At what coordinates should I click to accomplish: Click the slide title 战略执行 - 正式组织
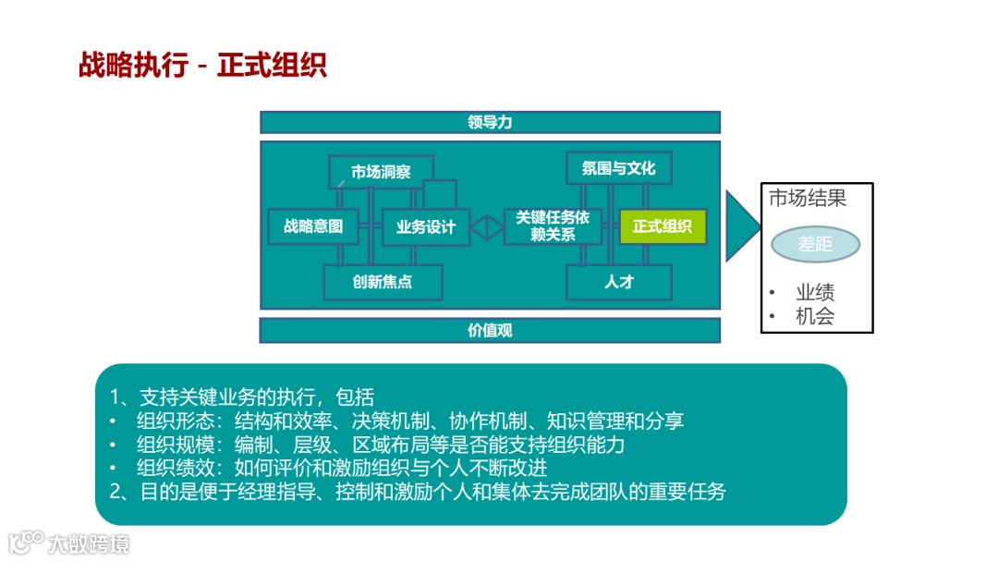[x=202, y=67]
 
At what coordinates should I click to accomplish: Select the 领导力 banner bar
[x=490, y=122]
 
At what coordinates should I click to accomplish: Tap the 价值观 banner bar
[x=490, y=330]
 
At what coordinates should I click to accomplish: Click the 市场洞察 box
[x=381, y=172]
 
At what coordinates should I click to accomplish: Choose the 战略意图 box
[x=313, y=226]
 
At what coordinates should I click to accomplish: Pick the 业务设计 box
[x=425, y=227]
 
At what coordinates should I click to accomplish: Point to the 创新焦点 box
[x=383, y=282]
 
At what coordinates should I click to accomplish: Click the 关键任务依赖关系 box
[x=553, y=226]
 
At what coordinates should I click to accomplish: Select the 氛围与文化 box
[x=618, y=168]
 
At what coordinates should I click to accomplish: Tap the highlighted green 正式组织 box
[x=663, y=226]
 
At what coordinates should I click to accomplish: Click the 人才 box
[x=618, y=282]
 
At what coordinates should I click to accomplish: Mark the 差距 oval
[x=816, y=244]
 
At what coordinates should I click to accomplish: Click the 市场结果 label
[x=808, y=198]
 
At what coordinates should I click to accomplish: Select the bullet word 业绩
[x=815, y=292]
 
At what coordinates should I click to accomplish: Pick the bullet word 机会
[x=815, y=316]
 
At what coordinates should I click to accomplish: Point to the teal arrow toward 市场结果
[x=740, y=226]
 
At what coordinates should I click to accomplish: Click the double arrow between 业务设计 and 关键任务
[x=487, y=226]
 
